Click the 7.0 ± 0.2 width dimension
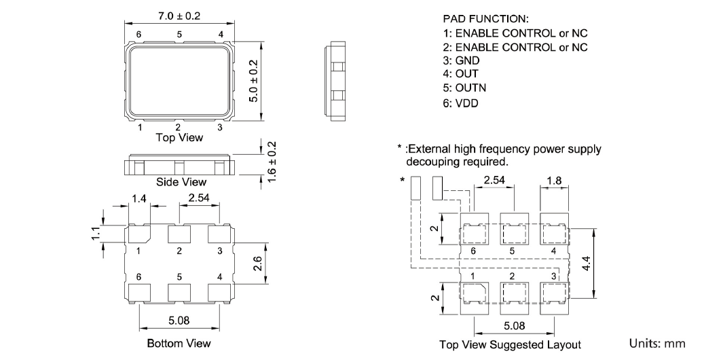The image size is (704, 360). click(179, 16)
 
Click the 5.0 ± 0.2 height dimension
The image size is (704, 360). click(253, 79)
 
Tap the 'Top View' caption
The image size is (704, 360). click(179, 137)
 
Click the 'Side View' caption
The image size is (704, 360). click(181, 182)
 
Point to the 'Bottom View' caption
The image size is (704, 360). click(179, 343)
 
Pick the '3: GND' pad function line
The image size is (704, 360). click(460, 60)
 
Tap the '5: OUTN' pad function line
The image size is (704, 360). click(464, 87)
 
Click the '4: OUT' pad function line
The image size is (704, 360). click(460, 73)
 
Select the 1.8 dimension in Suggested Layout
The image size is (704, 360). click(553, 181)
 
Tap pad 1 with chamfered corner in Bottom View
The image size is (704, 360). click(139, 234)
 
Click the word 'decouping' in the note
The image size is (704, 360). click(431, 162)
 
